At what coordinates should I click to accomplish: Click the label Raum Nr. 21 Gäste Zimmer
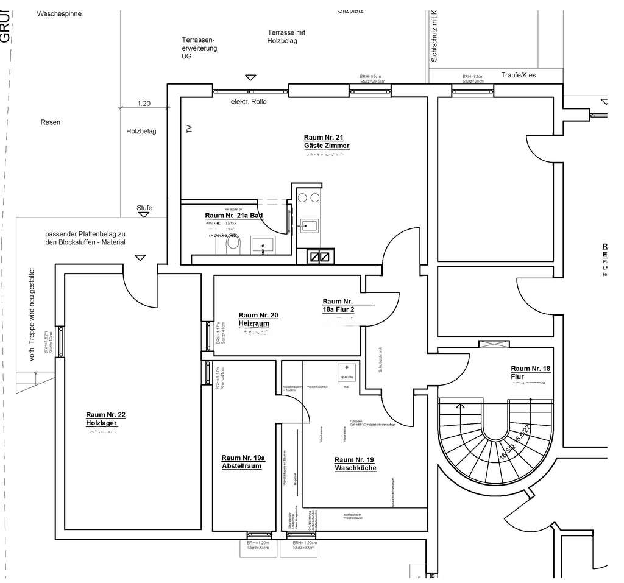point(327,142)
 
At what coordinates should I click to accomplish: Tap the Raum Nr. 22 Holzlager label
point(105,419)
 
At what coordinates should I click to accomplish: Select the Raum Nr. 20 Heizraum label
point(258,319)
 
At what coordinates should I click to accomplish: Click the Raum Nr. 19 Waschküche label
point(355,464)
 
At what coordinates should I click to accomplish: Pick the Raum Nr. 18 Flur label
point(530,373)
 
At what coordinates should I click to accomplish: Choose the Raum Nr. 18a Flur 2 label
point(339,306)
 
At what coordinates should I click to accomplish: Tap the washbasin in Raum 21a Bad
point(263,246)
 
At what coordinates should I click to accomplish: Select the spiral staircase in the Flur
point(494,439)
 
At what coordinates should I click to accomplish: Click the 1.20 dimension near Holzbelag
point(144,104)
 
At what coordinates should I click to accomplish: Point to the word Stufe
point(144,208)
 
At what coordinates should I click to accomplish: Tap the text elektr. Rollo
point(249,101)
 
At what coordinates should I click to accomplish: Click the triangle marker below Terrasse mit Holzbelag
point(250,77)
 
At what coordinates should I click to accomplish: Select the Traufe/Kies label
point(518,74)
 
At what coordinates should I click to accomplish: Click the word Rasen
point(51,122)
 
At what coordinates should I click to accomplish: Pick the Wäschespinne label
point(59,13)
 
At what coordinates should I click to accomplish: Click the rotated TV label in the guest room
point(188,129)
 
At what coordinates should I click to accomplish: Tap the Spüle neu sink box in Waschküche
point(346,370)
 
